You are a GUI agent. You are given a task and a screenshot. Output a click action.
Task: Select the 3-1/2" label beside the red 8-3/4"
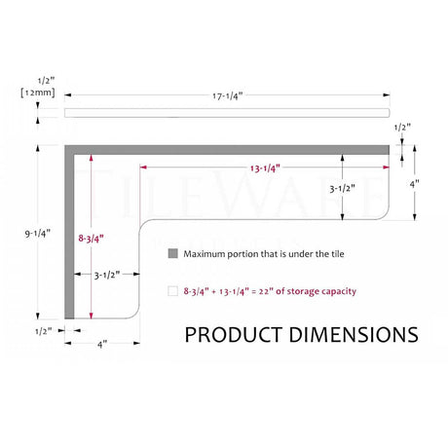pos(107,275)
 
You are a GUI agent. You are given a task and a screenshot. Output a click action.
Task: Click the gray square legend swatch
pos(173,253)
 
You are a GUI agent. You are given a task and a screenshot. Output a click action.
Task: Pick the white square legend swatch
pos(173,290)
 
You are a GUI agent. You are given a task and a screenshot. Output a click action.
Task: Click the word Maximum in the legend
pos(207,253)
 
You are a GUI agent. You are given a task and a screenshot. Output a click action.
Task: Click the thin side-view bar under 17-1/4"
pos(226,112)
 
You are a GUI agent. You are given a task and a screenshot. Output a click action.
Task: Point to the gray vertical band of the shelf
pos(70,234)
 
